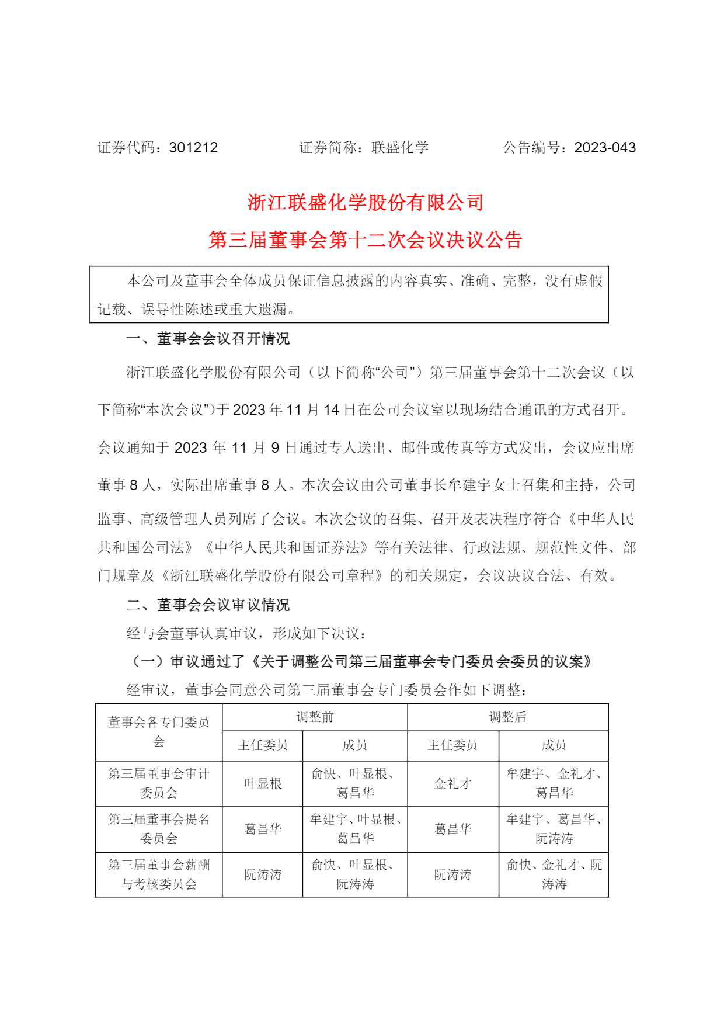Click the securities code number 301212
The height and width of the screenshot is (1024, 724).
click(193, 148)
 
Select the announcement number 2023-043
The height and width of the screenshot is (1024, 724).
click(605, 148)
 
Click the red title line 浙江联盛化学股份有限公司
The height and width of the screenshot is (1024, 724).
click(366, 203)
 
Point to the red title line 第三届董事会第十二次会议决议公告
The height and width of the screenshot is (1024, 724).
click(366, 240)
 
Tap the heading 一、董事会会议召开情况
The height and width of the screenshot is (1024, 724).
click(208, 339)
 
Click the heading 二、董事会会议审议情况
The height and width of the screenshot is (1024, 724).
click(208, 605)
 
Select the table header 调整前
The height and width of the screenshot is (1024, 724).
click(315, 717)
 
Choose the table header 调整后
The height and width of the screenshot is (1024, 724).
click(507, 717)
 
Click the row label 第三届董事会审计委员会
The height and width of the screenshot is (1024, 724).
click(159, 783)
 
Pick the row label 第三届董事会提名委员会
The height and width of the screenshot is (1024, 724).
click(159, 829)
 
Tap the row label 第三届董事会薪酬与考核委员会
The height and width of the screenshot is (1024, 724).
click(159, 874)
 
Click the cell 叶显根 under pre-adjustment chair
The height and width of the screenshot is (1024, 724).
click(263, 784)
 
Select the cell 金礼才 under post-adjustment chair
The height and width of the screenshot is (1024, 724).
click(453, 784)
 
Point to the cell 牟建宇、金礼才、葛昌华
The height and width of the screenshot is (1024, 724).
click(554, 783)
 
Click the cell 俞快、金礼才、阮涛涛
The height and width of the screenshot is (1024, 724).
click(554, 874)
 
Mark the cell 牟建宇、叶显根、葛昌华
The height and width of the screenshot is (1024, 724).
click(355, 829)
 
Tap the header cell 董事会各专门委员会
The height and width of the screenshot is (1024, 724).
click(159, 732)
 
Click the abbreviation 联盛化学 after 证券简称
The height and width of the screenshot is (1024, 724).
click(400, 148)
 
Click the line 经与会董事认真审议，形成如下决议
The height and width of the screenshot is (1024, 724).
click(246, 634)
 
